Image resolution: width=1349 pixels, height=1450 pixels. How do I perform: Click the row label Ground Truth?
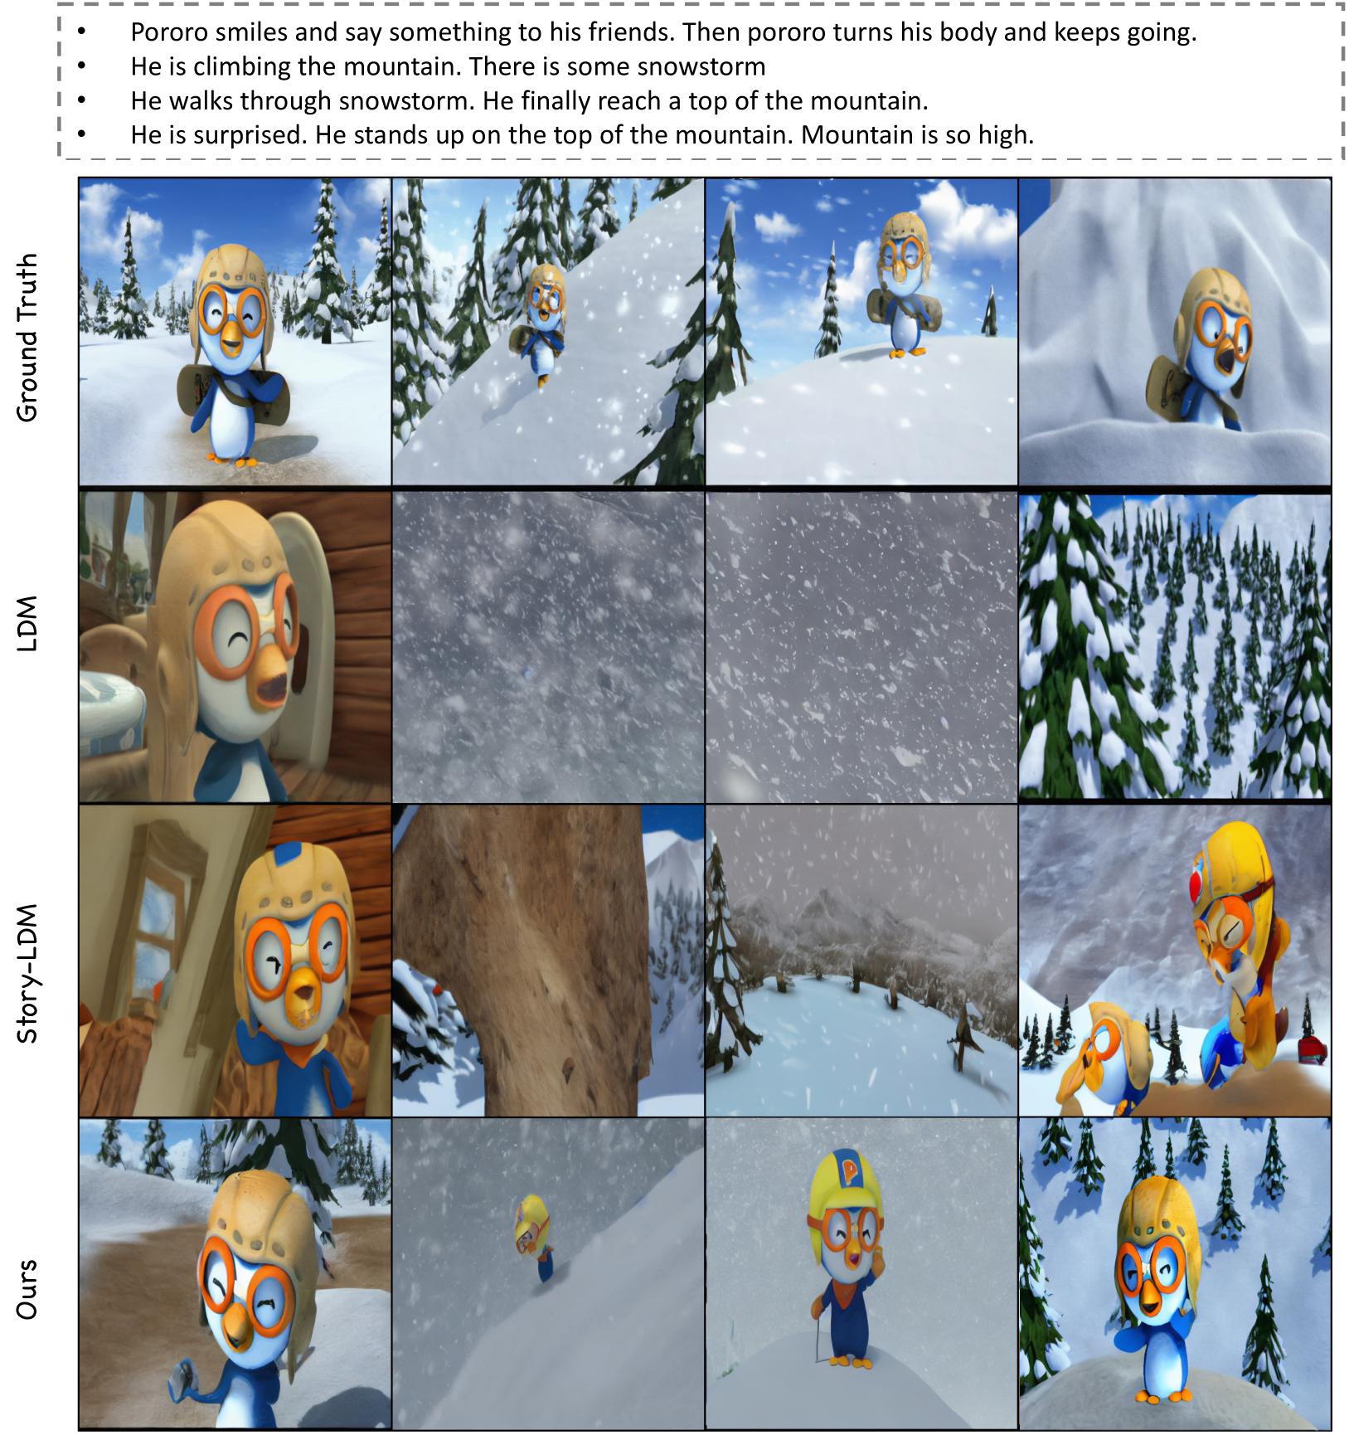(x=27, y=338)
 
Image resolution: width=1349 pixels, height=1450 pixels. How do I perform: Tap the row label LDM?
(x=27, y=624)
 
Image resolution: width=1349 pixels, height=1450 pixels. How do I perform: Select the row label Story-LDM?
(x=27, y=973)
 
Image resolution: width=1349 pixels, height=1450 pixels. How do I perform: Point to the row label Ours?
(x=27, y=1289)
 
